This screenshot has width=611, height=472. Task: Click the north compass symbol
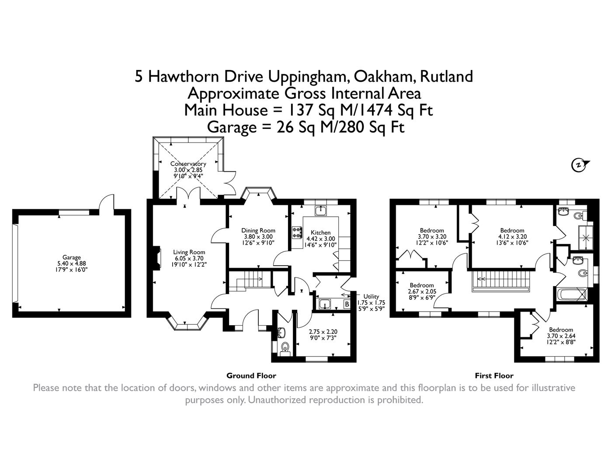click(x=580, y=165)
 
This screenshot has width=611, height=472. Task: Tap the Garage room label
click(x=71, y=257)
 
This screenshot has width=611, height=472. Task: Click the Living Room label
click(x=189, y=252)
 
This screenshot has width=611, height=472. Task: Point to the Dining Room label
click(x=258, y=230)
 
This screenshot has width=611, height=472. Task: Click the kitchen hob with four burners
click(x=297, y=232)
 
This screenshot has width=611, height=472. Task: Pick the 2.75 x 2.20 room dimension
click(x=323, y=332)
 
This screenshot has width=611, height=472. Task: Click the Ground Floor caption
click(x=251, y=375)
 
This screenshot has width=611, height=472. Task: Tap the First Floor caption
click(x=494, y=375)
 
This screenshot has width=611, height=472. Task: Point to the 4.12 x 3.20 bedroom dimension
click(x=512, y=236)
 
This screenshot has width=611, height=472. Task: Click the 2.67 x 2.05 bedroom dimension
click(x=421, y=292)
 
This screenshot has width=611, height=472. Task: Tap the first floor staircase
click(x=501, y=280)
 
